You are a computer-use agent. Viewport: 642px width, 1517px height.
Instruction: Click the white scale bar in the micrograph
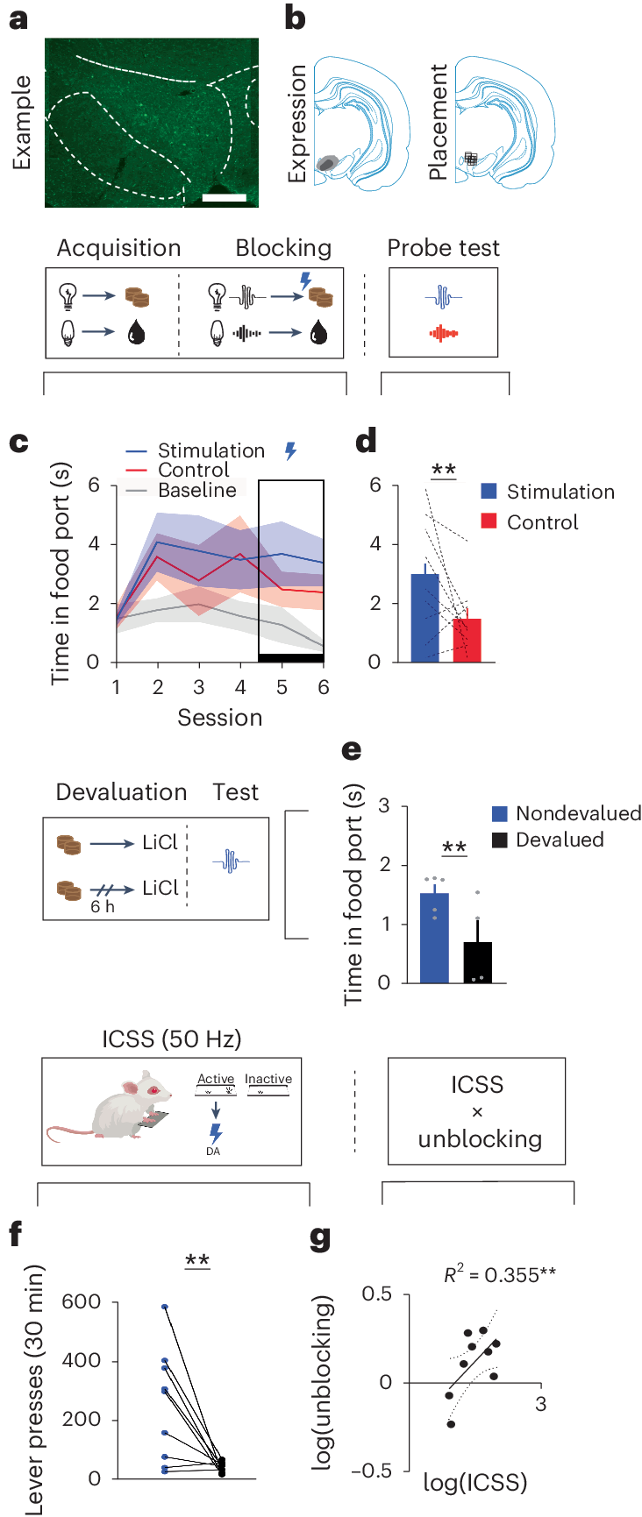click(224, 198)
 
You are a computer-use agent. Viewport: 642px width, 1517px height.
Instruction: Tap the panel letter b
click(295, 18)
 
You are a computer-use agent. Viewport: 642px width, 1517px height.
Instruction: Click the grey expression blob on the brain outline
click(328, 162)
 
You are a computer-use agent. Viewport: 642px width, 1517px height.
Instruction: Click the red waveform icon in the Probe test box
click(444, 334)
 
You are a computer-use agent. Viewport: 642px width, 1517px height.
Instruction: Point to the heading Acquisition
click(118, 248)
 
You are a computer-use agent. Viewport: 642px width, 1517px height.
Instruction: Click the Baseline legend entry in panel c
click(196, 490)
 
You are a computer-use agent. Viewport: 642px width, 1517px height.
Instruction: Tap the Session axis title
click(219, 718)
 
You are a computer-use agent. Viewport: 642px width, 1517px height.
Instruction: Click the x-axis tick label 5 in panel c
click(282, 688)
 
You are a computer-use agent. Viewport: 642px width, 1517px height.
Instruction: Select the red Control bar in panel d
click(467, 640)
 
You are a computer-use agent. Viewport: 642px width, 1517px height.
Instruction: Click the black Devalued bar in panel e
click(477, 962)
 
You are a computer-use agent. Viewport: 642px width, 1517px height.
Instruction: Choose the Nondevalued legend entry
click(577, 813)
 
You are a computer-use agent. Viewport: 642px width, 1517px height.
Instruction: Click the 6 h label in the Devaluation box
click(103, 907)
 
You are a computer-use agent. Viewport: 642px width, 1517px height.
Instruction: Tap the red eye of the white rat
click(153, 1091)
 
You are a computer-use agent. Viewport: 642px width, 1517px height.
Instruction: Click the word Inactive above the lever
click(267, 1079)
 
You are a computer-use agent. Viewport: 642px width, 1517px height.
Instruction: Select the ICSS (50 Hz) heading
click(171, 1039)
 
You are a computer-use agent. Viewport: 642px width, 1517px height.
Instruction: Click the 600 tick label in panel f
click(81, 1302)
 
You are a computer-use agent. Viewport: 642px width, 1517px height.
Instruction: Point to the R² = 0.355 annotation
click(498, 1275)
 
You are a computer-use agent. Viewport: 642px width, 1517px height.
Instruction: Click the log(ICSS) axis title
click(474, 1483)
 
